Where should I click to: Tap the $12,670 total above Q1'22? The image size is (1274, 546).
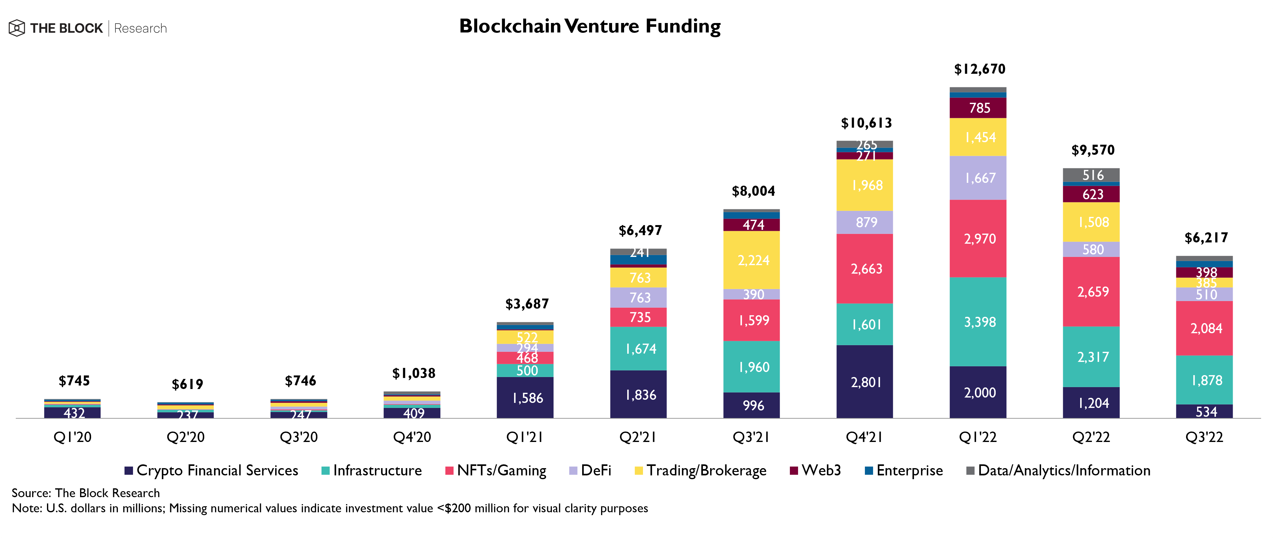coord(979,69)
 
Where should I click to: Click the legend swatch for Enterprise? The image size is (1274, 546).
coord(868,470)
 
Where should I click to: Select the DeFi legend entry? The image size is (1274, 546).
coord(591,470)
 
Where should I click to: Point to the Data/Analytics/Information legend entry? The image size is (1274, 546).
coord(1058,470)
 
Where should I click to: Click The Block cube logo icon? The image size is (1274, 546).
coord(17,28)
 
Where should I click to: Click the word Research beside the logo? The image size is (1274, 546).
coord(141,28)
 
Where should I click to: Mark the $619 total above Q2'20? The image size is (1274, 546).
coord(188,384)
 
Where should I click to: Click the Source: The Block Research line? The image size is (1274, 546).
coord(85,493)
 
